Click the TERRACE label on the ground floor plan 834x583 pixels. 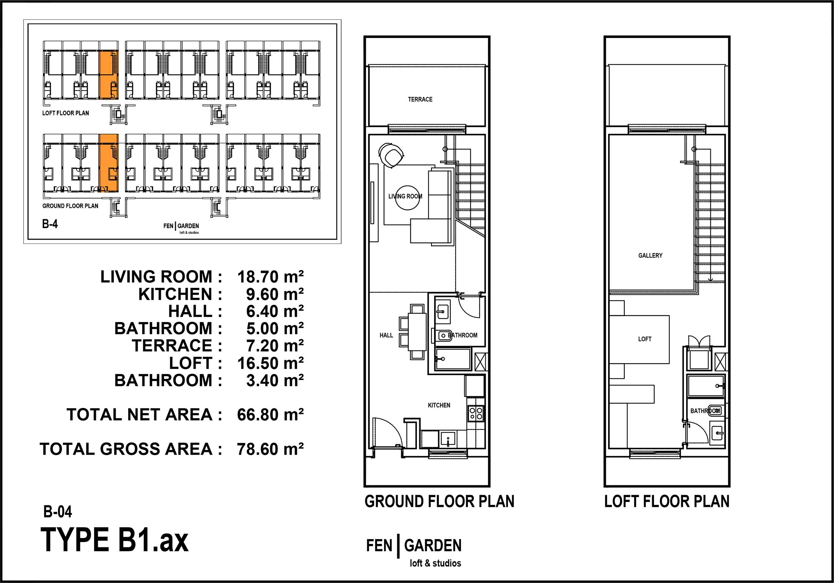[420, 99]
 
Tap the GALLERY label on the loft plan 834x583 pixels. [650, 255]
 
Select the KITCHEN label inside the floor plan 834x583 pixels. [439, 405]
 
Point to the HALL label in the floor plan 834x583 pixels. [386, 335]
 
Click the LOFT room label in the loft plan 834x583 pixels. [644, 339]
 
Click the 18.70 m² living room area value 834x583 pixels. [270, 277]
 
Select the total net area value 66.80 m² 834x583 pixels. [270, 415]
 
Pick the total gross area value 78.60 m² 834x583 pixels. [270, 449]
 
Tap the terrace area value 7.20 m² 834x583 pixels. [275, 346]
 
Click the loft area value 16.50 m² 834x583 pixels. [270, 363]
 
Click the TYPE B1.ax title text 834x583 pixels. [114, 540]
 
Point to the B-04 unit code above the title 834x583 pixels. [58, 512]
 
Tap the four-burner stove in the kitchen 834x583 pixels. [476, 413]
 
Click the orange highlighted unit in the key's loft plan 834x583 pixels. [108, 75]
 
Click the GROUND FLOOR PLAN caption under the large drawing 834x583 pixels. [439, 502]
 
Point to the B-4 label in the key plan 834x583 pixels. [50, 224]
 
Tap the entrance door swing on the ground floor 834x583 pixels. [386, 432]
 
